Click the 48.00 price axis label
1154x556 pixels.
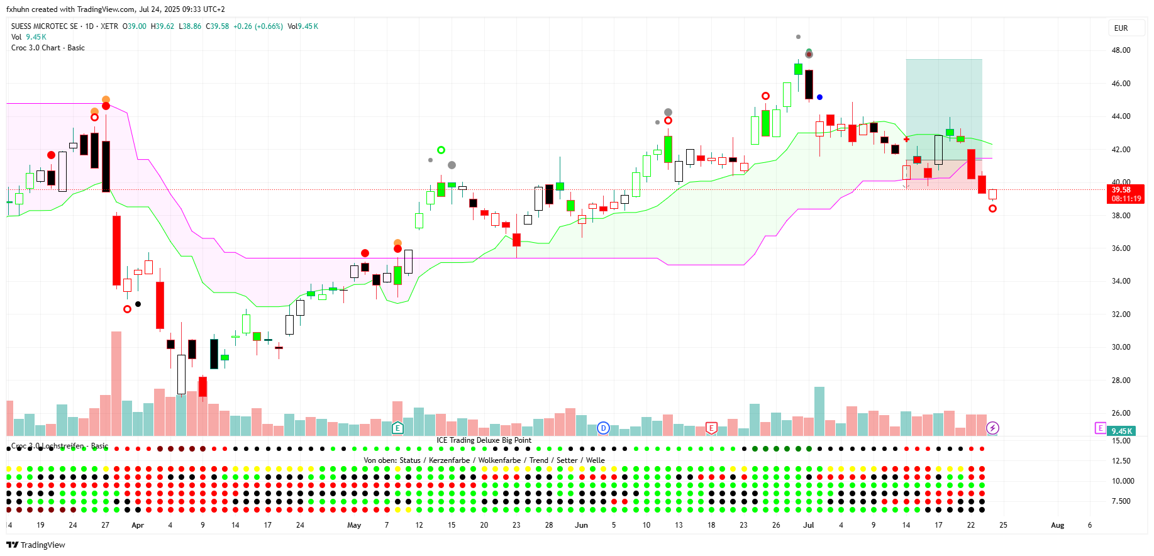coord(1121,50)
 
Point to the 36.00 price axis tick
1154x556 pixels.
coord(1121,248)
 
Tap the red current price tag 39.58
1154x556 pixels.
coord(1125,194)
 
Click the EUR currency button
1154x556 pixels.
coord(1121,28)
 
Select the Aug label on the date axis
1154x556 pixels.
coord(1057,525)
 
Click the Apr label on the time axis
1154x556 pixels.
coord(138,525)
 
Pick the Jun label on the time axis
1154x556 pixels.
coord(581,525)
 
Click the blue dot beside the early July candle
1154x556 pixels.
coord(819,97)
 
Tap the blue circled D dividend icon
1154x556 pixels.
coord(603,428)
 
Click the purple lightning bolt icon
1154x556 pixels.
coord(992,428)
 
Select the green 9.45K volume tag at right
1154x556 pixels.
coord(1121,431)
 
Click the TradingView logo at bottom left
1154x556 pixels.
coord(36,545)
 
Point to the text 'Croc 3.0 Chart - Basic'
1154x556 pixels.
coord(48,48)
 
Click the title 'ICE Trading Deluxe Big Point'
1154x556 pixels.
coord(484,440)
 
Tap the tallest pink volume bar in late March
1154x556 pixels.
coord(116,383)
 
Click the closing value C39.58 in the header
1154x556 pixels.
coord(218,26)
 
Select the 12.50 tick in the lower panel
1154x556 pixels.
coord(1121,461)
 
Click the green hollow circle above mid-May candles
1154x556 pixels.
coord(441,150)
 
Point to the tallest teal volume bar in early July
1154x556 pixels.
coord(819,411)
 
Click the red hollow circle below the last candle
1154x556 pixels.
coord(992,209)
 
